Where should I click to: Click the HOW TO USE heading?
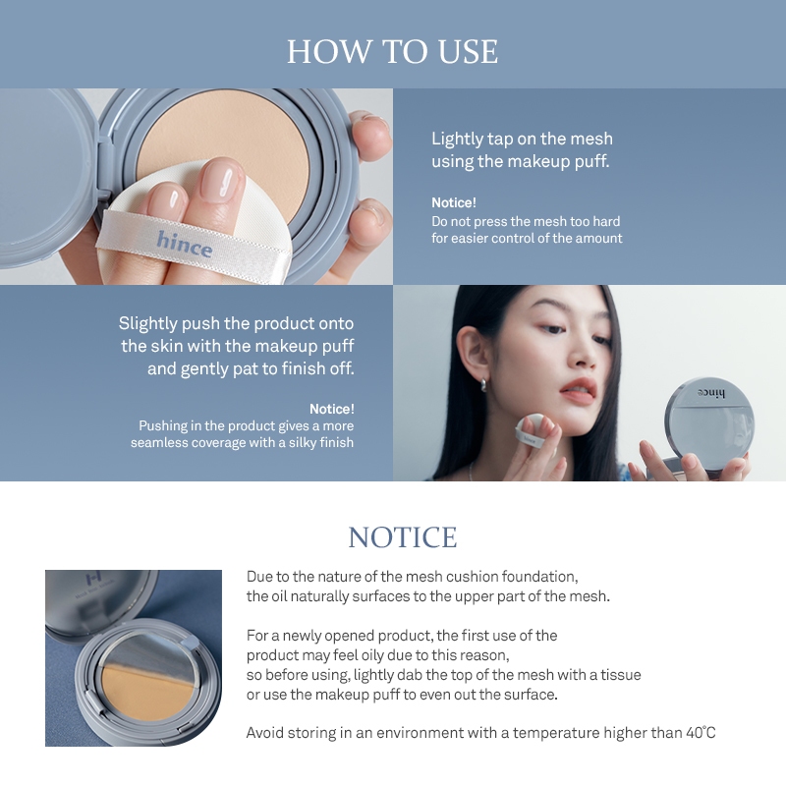point(392,51)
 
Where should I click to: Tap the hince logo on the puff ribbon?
point(185,245)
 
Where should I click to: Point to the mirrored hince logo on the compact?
point(710,394)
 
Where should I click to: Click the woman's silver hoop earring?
point(484,385)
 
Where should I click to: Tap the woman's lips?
point(579,390)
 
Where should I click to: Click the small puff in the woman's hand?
point(533,430)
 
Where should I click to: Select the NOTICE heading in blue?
point(403,537)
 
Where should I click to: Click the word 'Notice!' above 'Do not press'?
point(454,202)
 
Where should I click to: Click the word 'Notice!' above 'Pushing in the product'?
point(332,409)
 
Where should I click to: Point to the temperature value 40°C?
point(701,733)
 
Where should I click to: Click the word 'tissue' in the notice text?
point(621,675)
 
